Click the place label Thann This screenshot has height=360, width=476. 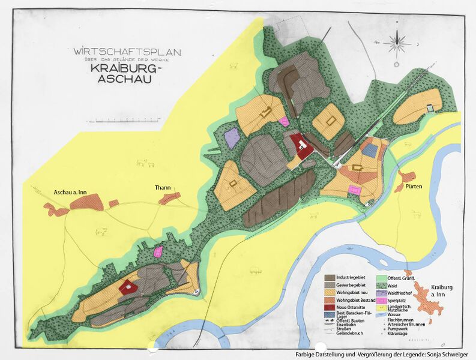[x=164, y=188]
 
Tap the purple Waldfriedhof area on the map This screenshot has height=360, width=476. [x=232, y=138]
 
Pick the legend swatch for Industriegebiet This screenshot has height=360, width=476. [x=330, y=278]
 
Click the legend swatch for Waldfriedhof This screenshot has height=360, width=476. [x=382, y=292]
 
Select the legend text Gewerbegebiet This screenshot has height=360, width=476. [x=353, y=285]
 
